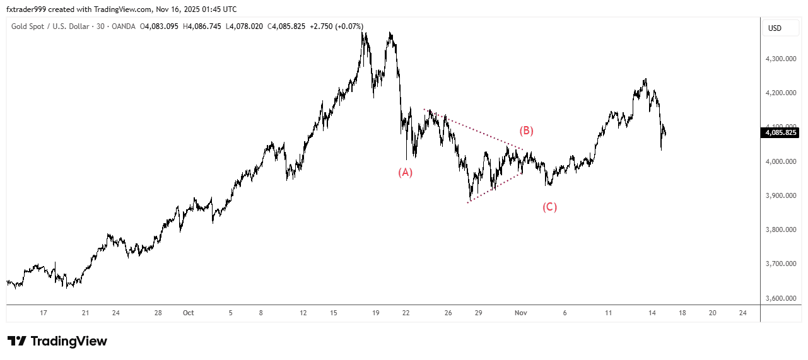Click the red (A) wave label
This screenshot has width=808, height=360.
click(405, 172)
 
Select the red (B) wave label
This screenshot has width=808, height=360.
click(526, 131)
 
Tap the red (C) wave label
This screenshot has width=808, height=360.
click(549, 207)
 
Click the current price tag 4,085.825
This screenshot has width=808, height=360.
click(781, 132)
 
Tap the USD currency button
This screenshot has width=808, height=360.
click(775, 28)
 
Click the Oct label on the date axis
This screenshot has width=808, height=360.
click(187, 313)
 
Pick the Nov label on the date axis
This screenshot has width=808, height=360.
click(520, 313)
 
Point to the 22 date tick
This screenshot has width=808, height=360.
click(406, 313)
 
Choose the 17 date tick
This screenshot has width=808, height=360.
click(44, 313)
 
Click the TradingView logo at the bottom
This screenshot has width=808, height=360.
click(57, 341)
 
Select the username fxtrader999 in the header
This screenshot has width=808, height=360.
click(28, 9)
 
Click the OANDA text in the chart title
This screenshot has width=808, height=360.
click(124, 26)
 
